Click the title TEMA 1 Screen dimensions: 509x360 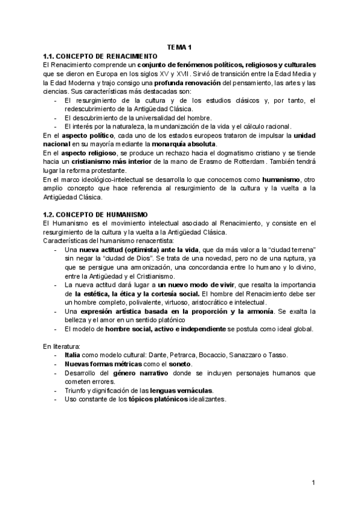tap(179, 47)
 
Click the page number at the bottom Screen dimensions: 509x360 tap(313, 483)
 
